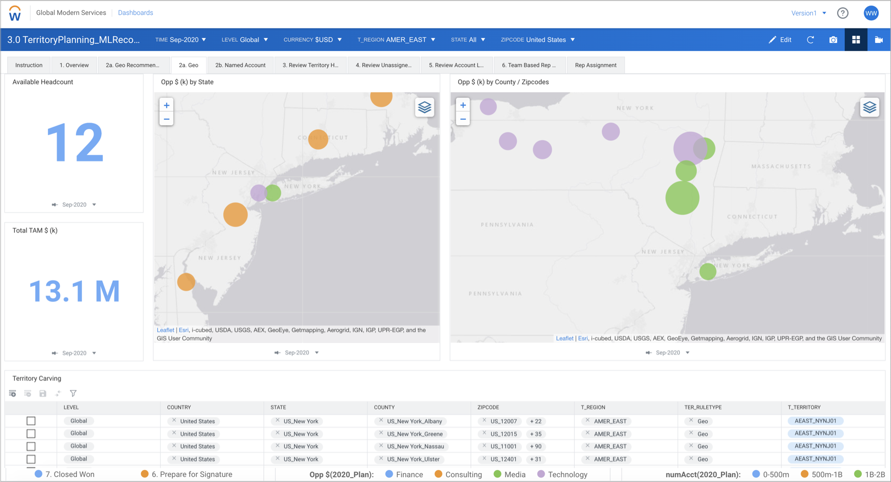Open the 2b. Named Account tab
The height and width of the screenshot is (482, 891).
(240, 65)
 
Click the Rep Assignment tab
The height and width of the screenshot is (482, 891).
(596, 65)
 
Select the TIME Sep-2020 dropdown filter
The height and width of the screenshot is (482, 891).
(180, 40)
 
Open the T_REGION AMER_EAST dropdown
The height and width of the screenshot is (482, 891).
(396, 40)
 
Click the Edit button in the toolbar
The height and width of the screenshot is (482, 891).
(780, 40)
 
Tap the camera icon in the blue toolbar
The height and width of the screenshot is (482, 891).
(833, 40)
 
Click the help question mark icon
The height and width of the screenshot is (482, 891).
(843, 13)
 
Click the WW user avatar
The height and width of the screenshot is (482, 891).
(871, 13)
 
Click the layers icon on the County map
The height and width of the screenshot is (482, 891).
(870, 107)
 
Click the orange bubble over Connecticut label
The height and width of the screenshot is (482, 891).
(318, 140)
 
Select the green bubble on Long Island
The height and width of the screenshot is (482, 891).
(708, 272)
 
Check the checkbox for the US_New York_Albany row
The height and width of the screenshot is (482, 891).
(31, 421)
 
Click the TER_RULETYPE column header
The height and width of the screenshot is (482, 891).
(703, 407)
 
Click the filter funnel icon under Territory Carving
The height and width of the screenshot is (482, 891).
(73, 394)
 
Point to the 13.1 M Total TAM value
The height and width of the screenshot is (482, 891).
(74, 291)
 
